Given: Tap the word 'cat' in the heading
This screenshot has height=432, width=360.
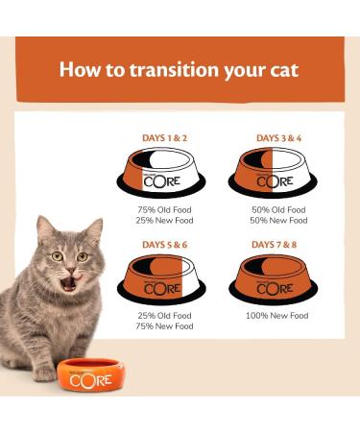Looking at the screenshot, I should (x=281, y=70).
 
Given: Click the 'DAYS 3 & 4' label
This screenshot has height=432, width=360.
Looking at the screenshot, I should (x=276, y=138).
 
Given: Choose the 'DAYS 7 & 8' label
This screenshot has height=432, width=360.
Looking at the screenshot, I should (x=276, y=245).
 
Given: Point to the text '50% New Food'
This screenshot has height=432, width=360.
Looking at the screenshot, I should (x=276, y=220).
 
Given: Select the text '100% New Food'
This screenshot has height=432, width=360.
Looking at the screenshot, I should (x=276, y=315).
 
